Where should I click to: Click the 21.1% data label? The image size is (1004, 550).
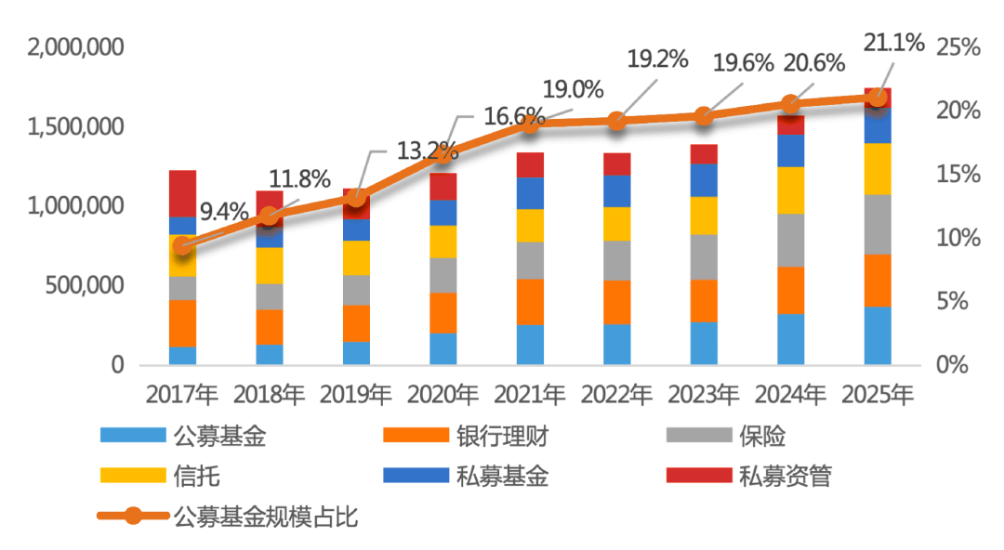click(x=893, y=42)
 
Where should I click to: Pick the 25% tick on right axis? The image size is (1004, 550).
click(x=958, y=46)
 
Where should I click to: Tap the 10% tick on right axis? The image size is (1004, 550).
click(x=958, y=238)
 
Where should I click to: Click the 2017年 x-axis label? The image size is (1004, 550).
click(x=182, y=394)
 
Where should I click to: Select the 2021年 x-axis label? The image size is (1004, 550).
click(x=530, y=394)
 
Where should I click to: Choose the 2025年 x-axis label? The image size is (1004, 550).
click(x=878, y=394)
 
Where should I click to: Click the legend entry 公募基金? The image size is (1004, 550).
click(x=220, y=437)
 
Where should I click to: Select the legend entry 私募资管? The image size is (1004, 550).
click(x=785, y=477)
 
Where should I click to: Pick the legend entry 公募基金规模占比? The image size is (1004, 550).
click(x=265, y=517)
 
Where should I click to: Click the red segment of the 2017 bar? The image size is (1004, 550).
click(x=182, y=193)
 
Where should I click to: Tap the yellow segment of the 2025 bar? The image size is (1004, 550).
click(x=878, y=168)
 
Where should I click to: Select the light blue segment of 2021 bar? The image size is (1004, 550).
click(x=530, y=345)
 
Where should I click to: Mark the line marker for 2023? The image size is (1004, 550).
click(x=704, y=116)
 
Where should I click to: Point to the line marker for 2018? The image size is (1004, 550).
click(x=270, y=216)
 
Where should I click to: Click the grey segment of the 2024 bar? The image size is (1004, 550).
click(x=790, y=240)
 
